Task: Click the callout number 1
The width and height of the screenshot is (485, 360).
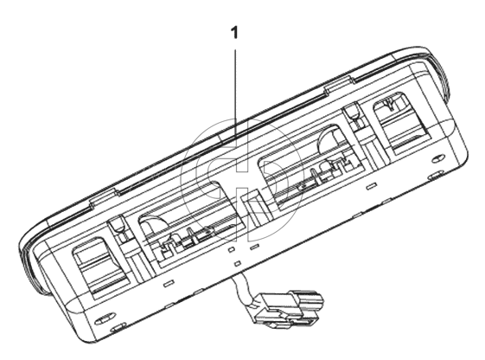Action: [235, 33]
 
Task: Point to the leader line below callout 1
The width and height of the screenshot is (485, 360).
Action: [235, 93]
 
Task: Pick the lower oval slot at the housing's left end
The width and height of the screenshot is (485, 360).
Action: [118, 327]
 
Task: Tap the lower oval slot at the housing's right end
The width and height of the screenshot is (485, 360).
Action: [437, 176]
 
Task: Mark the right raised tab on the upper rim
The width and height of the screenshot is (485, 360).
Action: [339, 85]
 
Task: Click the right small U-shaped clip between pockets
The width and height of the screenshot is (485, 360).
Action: [353, 113]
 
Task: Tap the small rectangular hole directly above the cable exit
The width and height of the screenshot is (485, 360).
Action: [237, 263]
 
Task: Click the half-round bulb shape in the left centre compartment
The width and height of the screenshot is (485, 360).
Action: [154, 225]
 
